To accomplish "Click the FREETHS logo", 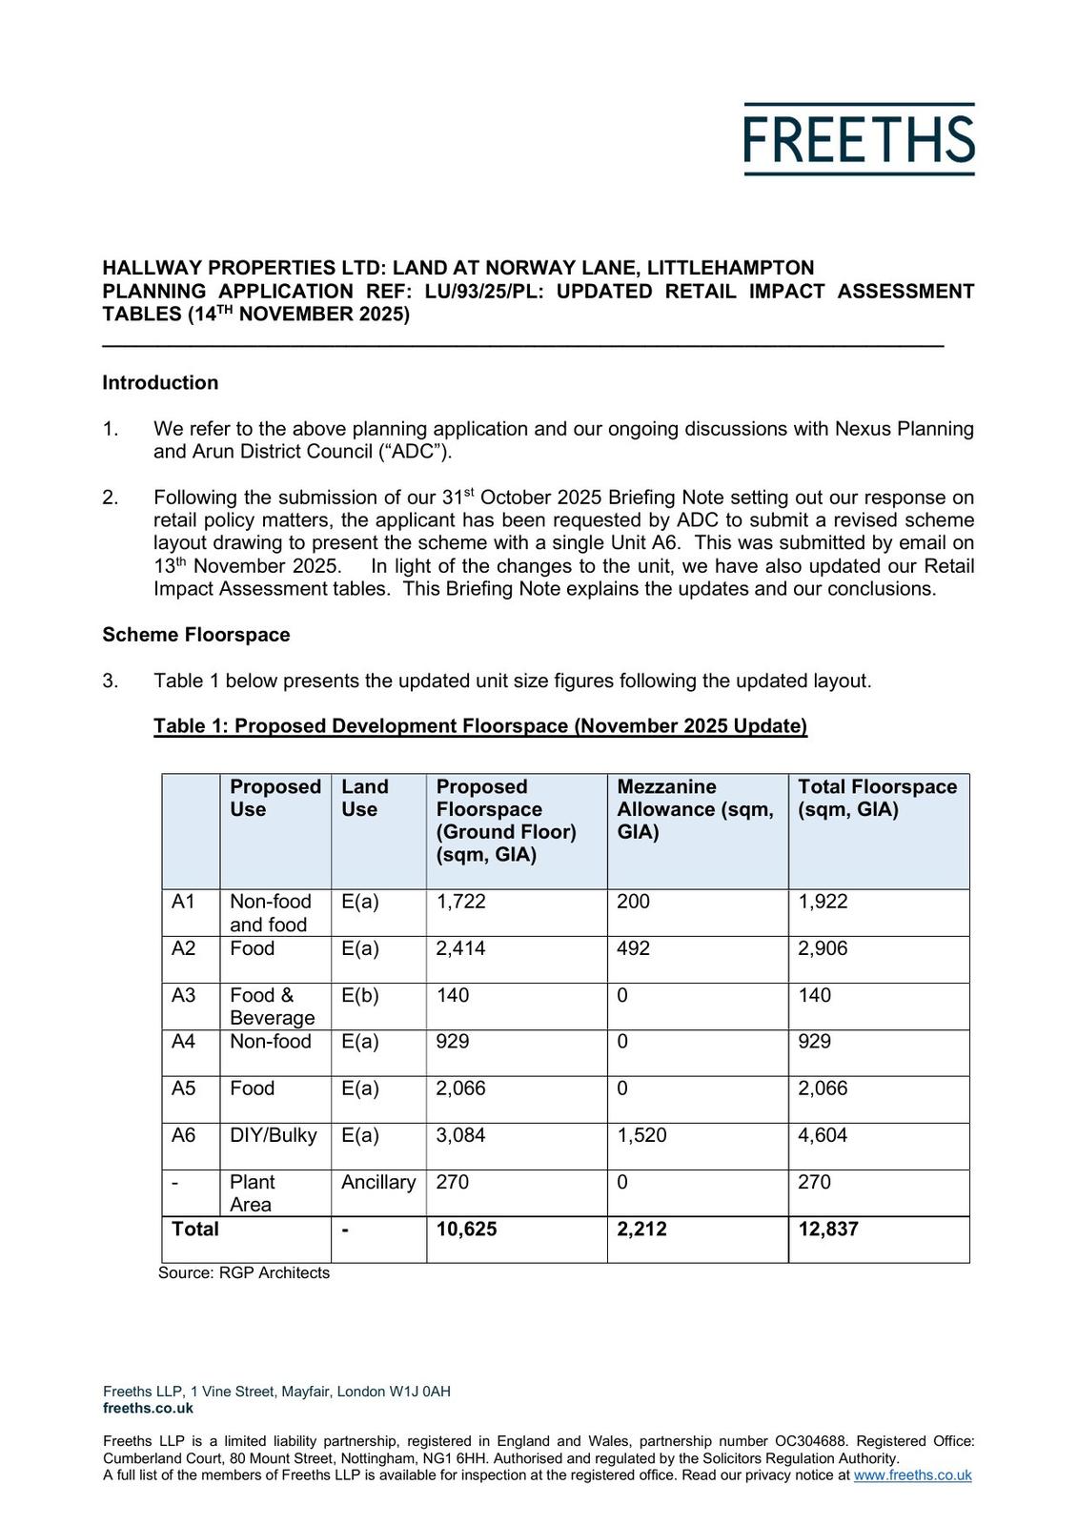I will [x=859, y=139].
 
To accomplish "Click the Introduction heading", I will [x=160, y=383].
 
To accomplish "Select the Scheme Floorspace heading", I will [x=196, y=635].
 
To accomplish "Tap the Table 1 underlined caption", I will [x=480, y=726].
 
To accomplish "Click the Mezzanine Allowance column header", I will [x=695, y=809].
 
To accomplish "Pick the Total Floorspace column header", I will [x=877, y=799].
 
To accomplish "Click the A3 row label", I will [x=184, y=996].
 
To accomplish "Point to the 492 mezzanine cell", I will [x=633, y=948].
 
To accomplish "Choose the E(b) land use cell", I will [x=360, y=996].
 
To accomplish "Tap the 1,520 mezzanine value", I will [x=641, y=1135].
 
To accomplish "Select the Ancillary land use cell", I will [x=378, y=1182].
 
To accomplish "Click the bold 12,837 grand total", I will [x=828, y=1230].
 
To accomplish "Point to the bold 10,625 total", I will [x=467, y=1230].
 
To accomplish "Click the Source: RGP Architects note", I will [x=244, y=1273].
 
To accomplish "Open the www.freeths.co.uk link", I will [x=912, y=1475].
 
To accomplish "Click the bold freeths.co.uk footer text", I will [x=148, y=1408].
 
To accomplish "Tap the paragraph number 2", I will [x=111, y=498].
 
